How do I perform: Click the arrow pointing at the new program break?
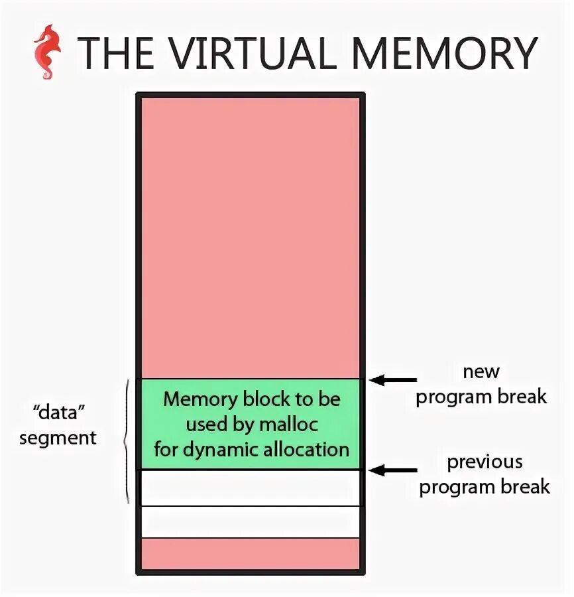coord(393,380)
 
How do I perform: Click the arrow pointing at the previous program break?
coord(393,470)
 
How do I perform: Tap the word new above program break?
coord(481,371)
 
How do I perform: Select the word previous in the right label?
coord(485,462)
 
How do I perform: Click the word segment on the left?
coord(58,438)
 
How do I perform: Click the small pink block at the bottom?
coord(250,554)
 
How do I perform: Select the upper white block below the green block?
coord(250,488)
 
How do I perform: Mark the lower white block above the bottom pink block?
coord(250,522)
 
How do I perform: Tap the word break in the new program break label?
coord(523,397)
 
